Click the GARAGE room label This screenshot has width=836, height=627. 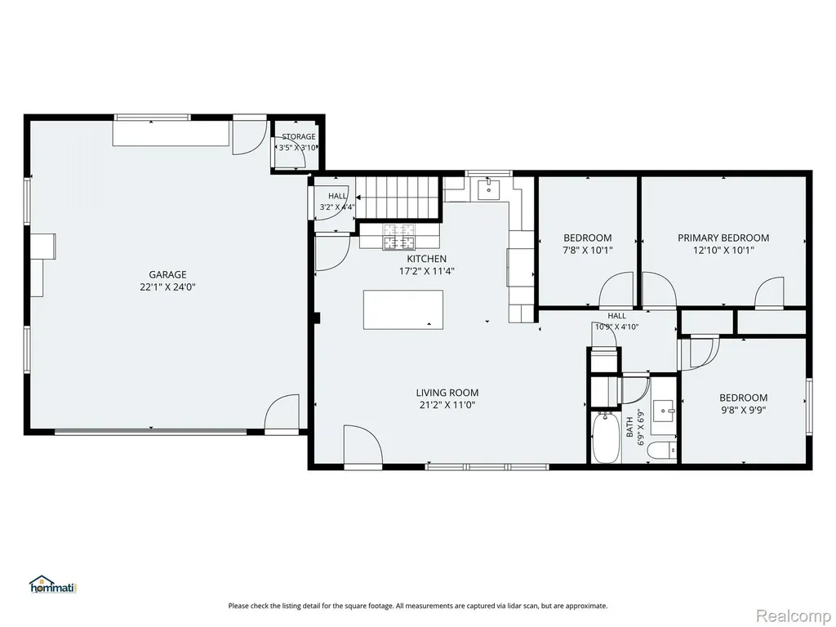pos(167,274)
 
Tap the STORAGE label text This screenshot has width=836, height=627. pos(299,136)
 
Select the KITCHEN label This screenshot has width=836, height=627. pos(426,259)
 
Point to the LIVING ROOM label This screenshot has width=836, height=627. pos(447,393)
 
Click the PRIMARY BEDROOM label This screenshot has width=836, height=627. pos(723,238)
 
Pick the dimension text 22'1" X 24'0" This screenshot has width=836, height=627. pos(167,287)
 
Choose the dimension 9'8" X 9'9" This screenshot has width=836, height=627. pos(743,411)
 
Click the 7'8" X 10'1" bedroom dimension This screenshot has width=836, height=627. pos(588,250)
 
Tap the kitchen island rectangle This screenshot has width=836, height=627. pos(403,309)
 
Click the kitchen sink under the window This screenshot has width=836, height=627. pos(488,189)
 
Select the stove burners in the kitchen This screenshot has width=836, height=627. pos(398,237)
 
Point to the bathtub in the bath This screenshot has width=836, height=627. pos(607,438)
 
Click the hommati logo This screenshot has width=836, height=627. pos(54,585)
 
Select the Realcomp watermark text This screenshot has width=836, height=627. pos(793,616)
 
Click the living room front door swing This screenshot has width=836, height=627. pos(362,445)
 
